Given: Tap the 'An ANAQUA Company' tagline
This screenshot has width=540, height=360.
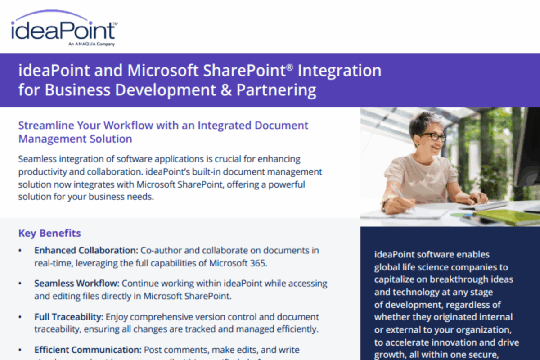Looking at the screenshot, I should click(x=91, y=44).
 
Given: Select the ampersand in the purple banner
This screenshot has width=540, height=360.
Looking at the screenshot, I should click(x=226, y=90).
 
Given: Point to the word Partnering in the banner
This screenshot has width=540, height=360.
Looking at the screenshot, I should click(x=276, y=90).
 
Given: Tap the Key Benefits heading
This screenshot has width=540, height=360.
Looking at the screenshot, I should click(x=49, y=233).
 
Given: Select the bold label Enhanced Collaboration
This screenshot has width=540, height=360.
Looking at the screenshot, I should click(x=86, y=250).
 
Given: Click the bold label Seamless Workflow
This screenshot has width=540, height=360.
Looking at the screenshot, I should click(x=77, y=283).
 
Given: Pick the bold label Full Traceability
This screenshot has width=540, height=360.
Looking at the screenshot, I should click(x=69, y=317).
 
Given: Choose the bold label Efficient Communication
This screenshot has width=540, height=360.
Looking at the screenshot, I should click(x=88, y=350).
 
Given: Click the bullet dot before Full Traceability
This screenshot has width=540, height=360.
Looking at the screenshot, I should click(x=20, y=317).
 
